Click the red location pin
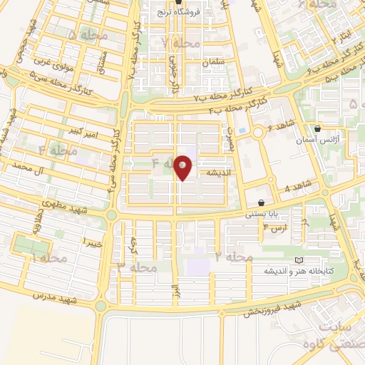(x=183, y=166)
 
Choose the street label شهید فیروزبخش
(x=273, y=308)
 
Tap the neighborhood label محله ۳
(x=136, y=267)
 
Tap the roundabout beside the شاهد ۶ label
(x=257, y=132)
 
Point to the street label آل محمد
(x=38, y=170)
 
